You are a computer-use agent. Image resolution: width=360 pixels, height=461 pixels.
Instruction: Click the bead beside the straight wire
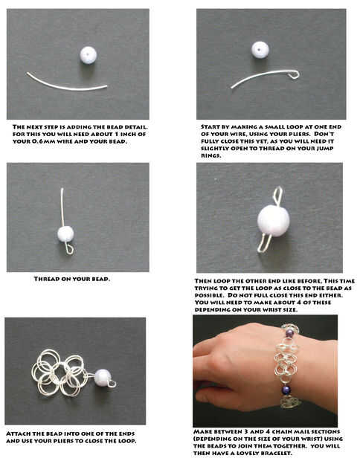[89, 55]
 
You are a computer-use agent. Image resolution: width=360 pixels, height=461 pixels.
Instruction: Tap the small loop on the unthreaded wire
[295, 74]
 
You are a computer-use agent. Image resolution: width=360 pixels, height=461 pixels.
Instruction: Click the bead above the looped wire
[260, 49]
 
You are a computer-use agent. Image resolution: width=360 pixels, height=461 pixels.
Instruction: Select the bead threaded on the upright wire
[65, 234]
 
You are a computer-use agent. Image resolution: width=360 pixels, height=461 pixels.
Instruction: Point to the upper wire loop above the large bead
[278, 196]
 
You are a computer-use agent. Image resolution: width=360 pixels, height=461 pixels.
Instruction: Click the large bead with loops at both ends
[273, 221]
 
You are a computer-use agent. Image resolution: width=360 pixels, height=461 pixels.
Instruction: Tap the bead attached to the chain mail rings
[103, 377]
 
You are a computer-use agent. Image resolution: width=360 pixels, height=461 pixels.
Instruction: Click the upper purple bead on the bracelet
[289, 333]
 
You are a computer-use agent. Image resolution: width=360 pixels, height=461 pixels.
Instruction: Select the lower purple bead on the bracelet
[286, 390]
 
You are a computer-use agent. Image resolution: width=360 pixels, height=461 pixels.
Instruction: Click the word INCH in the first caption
[126, 134]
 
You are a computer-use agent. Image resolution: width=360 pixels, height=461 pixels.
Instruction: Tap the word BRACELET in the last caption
[276, 453]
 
